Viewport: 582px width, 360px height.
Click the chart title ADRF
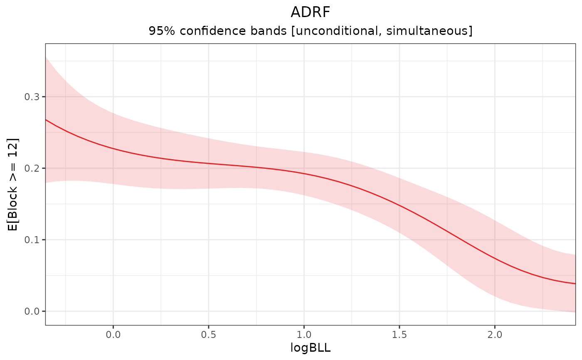pyautogui.click(x=310, y=12)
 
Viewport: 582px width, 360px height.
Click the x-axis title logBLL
pyautogui.click(x=310, y=348)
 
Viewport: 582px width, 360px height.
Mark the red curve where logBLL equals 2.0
pyautogui.click(x=495, y=258)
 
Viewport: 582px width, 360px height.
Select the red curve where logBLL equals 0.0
pyautogui.click(x=113, y=149)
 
